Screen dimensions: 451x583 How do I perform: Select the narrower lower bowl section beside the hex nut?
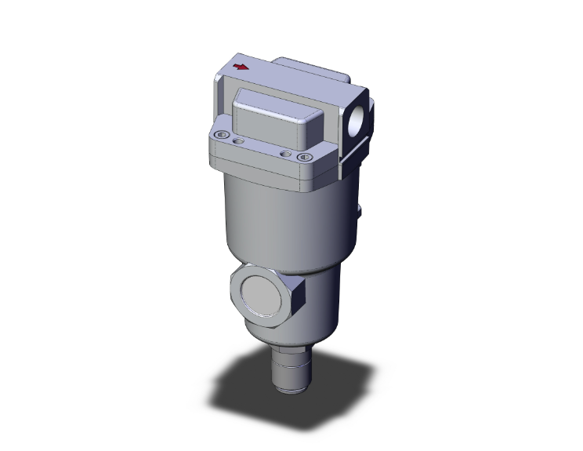tap(325, 302)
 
